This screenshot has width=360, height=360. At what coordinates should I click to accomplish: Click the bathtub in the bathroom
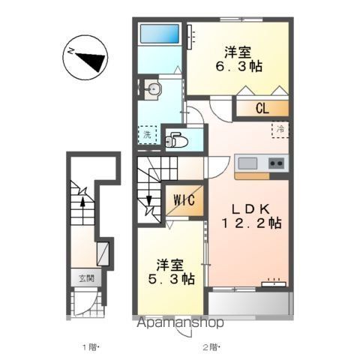coord(160,34)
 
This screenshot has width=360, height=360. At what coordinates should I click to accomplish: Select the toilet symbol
coord(176,141)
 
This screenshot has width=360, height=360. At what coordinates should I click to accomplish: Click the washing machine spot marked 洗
coord(148,135)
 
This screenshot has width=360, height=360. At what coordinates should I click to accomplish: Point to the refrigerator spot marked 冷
coord(280,130)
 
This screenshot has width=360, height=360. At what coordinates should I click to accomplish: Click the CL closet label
coord(262,109)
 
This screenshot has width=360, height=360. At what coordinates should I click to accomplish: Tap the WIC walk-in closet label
coord(184,200)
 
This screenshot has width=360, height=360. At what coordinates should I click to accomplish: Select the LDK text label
coord(250,209)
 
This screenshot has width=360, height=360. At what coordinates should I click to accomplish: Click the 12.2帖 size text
coord(251,223)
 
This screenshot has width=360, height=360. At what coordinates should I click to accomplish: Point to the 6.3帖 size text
coord(239,67)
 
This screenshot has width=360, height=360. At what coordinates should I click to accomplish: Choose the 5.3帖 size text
coord(172,279)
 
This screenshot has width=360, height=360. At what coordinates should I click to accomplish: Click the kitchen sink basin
coord(247,163)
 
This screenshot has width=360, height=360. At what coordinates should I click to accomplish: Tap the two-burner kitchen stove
coord(277,163)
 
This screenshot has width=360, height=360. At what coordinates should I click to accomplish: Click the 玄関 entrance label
coord(86,278)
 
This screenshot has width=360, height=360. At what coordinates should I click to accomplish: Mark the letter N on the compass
coord(71,52)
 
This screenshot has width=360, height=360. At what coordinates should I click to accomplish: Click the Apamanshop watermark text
coord(180,322)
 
